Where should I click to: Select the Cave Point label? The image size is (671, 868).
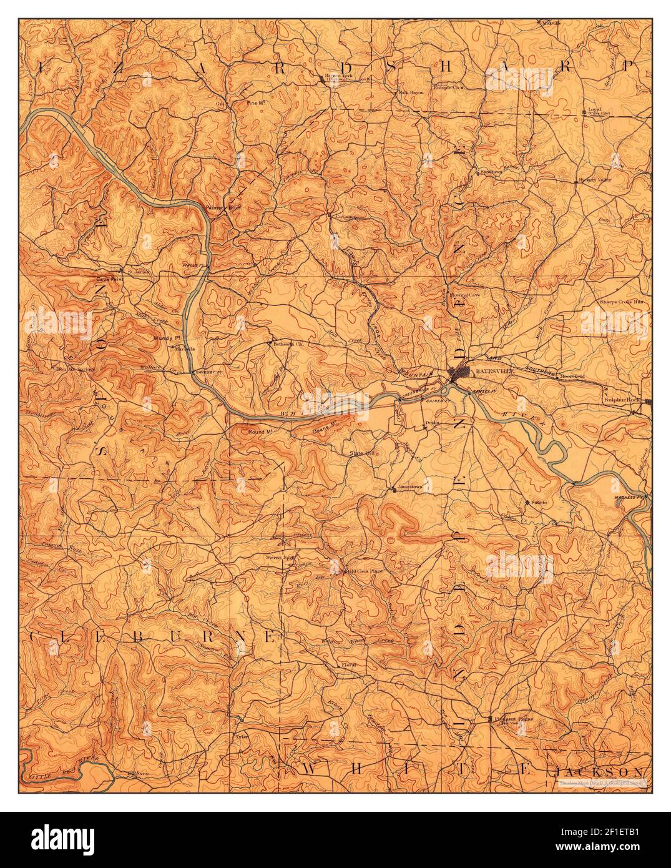(106, 279)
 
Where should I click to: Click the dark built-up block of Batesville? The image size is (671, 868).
(461, 375)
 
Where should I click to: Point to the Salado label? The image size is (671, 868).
(539, 502)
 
